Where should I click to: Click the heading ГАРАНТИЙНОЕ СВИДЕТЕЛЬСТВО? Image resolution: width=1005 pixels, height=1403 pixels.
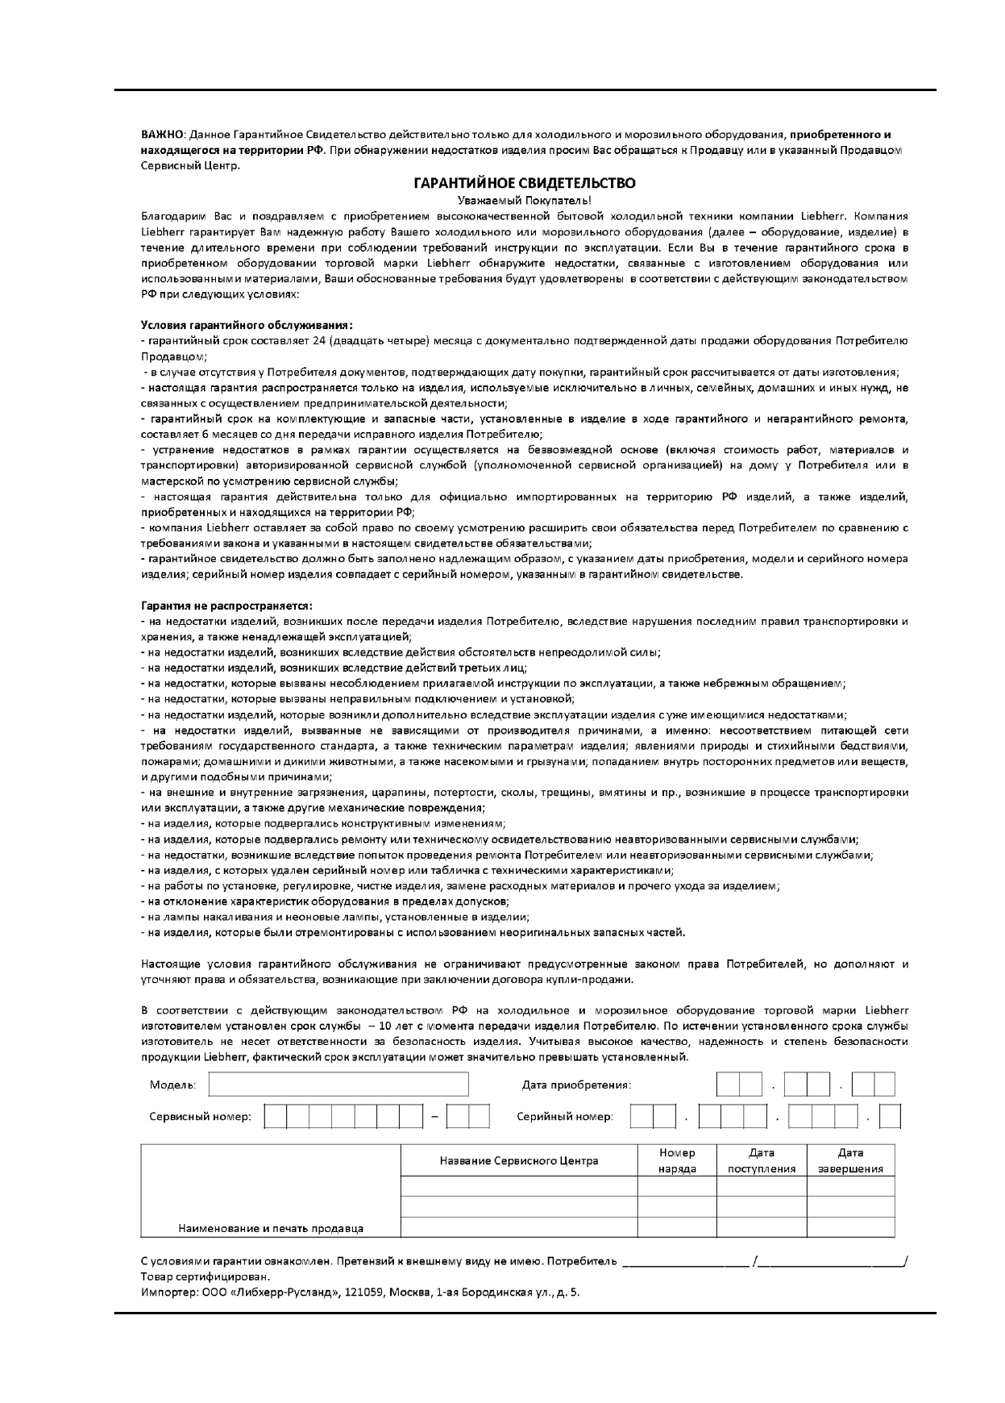524,184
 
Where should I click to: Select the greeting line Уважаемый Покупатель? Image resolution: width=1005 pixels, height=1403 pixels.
524,200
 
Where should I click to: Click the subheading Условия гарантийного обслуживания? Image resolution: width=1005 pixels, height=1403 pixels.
246,325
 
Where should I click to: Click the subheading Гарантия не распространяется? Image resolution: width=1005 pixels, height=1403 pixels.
226,606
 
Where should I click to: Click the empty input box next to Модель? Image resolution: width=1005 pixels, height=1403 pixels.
338,1085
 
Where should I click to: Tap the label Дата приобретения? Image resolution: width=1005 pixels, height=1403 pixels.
576,1085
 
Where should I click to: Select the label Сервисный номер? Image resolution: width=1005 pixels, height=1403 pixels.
200,1117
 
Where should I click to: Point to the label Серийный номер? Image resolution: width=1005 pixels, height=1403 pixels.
564,1117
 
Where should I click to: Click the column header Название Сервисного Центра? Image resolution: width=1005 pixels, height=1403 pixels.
518,1161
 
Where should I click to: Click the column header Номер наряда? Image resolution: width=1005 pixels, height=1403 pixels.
677,1161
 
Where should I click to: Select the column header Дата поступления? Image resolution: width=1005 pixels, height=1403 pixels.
762,1161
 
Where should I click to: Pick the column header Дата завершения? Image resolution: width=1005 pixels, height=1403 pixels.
850,1161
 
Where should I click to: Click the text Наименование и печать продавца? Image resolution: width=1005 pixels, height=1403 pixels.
270,1229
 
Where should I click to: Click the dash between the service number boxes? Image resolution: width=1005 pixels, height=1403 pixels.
434,1118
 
